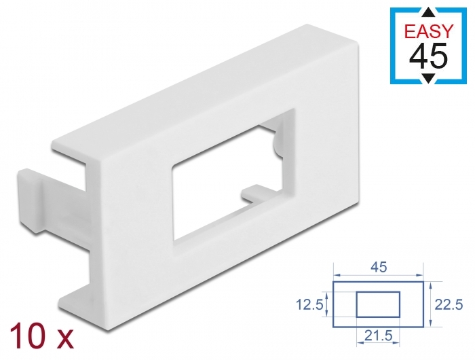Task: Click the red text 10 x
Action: (x=41, y=334)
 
